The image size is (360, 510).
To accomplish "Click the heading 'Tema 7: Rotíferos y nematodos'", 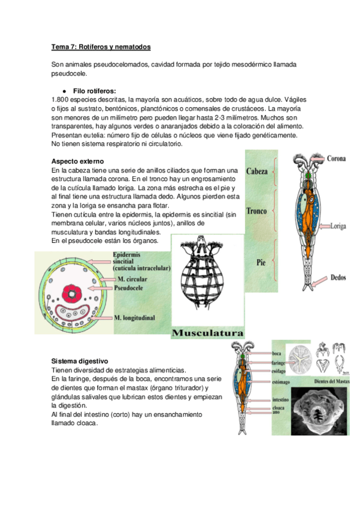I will [101, 46].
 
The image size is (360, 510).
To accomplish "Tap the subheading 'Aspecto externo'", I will [78, 162].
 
